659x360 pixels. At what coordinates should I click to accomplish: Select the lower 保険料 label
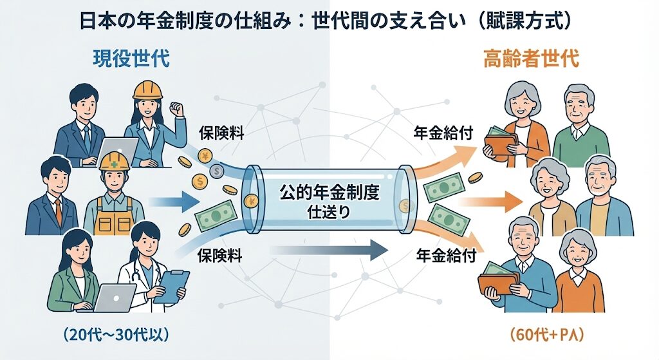219,256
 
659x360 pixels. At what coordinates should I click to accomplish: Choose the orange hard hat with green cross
115,162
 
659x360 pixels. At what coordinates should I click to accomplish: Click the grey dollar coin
217,171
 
